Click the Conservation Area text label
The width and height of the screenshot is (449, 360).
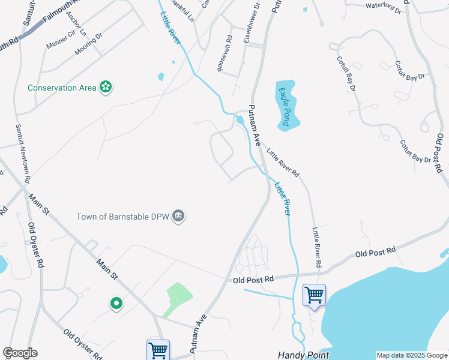62,88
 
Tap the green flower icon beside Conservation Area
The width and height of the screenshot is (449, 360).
106,88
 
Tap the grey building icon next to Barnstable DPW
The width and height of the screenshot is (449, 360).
178,216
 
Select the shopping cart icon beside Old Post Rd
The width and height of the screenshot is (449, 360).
313,295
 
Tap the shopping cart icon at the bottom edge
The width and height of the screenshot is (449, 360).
157,349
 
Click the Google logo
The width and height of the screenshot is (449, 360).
20,353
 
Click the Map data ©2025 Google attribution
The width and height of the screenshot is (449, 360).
411,356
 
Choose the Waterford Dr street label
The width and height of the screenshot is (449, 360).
382,6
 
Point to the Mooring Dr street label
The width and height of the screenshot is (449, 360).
88,44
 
